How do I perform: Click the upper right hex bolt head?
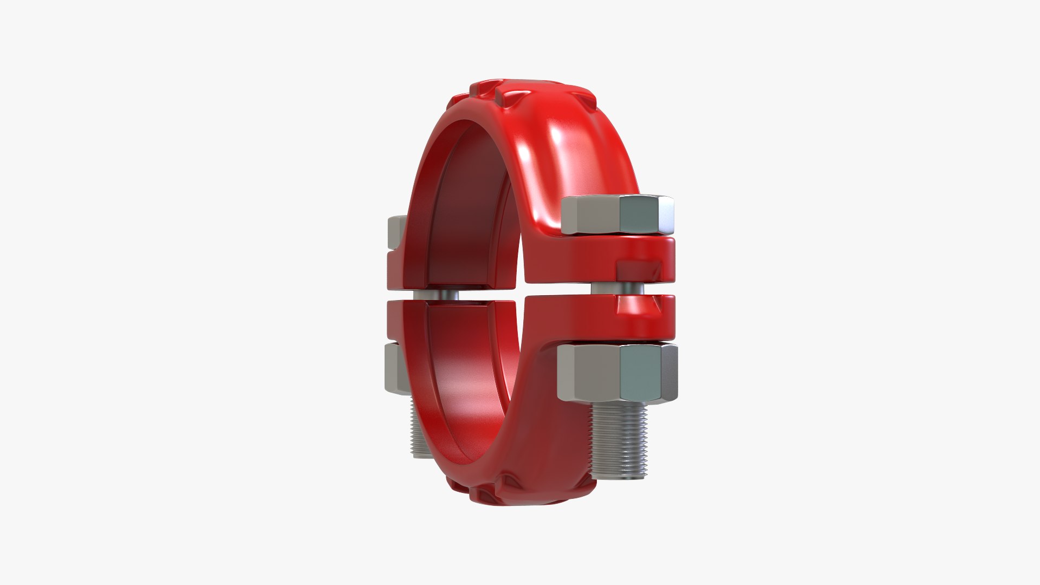point(617,215)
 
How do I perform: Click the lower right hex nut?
point(617,373)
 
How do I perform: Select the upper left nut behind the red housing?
point(396,233)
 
